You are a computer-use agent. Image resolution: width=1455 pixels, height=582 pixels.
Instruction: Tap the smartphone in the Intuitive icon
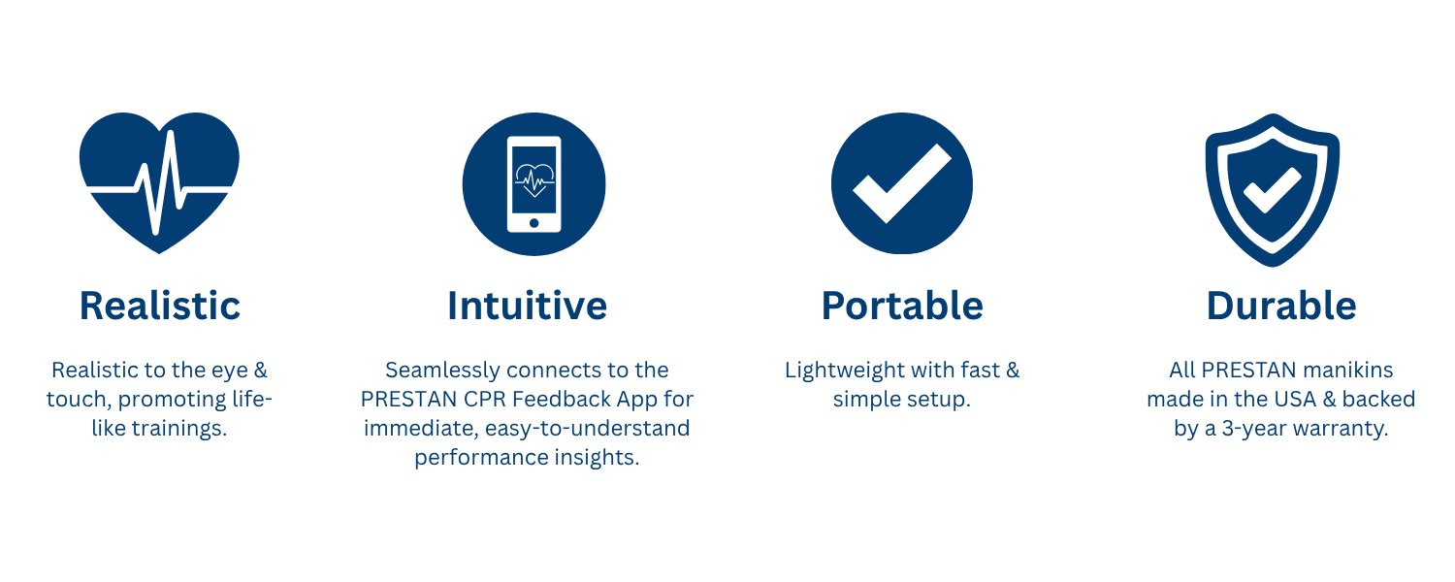(533, 184)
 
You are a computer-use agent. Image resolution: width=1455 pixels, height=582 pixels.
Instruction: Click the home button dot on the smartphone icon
(533, 223)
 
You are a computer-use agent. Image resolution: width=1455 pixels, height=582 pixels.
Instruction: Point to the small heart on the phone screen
(534, 179)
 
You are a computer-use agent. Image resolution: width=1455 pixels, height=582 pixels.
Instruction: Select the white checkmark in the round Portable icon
(901, 183)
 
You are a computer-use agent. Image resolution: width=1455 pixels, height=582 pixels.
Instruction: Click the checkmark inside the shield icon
(1272, 190)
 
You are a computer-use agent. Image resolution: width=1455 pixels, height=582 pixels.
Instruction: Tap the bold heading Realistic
(160, 306)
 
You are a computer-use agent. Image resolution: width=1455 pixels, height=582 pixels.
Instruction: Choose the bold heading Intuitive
(528, 306)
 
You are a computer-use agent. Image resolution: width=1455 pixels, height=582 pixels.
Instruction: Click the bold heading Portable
(902, 306)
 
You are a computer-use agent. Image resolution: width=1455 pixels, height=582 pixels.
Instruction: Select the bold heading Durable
(1281, 306)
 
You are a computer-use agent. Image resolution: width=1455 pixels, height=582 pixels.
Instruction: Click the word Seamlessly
(442, 371)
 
